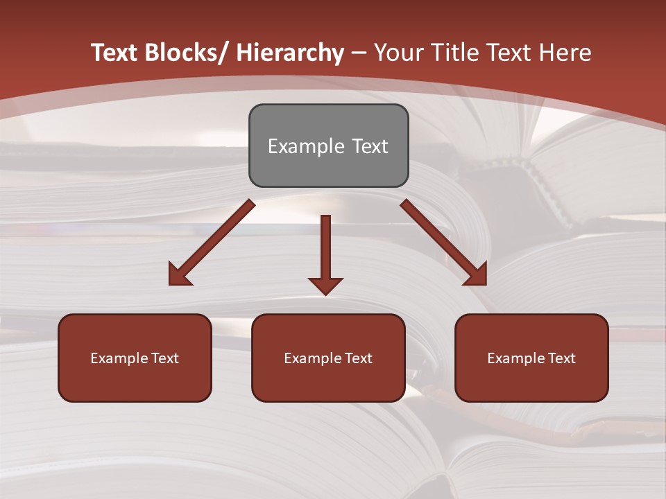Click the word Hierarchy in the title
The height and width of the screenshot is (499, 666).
[290, 53]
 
